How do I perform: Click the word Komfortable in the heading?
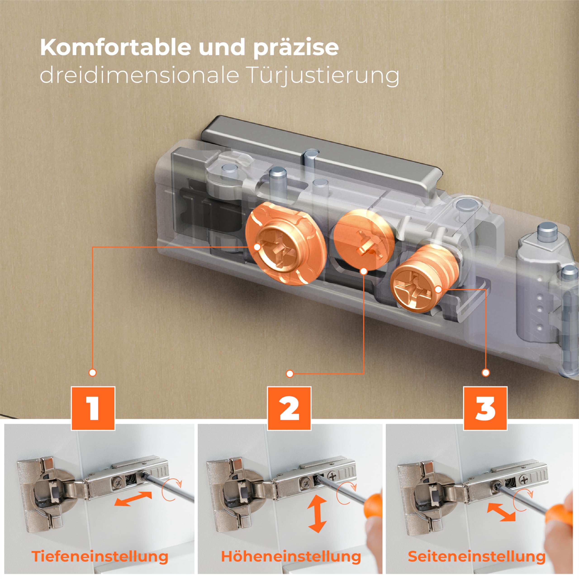point(116,47)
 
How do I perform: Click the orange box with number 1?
point(93,408)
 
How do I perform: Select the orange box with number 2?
point(289,408)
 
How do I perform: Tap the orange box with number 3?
point(485,408)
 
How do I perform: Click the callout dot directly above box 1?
point(93,373)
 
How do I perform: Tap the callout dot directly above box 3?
point(486,373)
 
